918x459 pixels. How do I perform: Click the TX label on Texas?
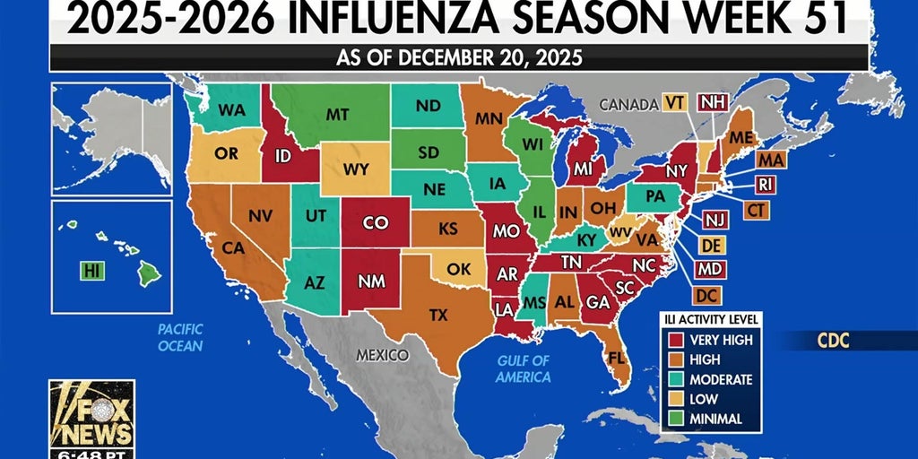438,315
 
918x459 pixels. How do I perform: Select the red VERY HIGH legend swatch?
676,340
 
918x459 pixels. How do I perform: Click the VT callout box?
675,102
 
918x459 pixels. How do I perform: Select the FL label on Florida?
617,357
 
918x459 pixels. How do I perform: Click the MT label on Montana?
337,115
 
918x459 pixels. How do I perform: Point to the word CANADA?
628,105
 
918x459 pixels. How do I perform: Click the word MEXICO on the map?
383,355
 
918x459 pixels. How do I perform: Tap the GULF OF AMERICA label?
523,368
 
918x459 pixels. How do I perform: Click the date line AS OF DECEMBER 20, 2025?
458,58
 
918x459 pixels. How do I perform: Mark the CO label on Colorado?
375,224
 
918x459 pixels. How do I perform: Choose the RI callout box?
765,185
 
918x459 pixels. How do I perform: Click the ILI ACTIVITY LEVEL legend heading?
712,319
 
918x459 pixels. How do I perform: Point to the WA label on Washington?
231,110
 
